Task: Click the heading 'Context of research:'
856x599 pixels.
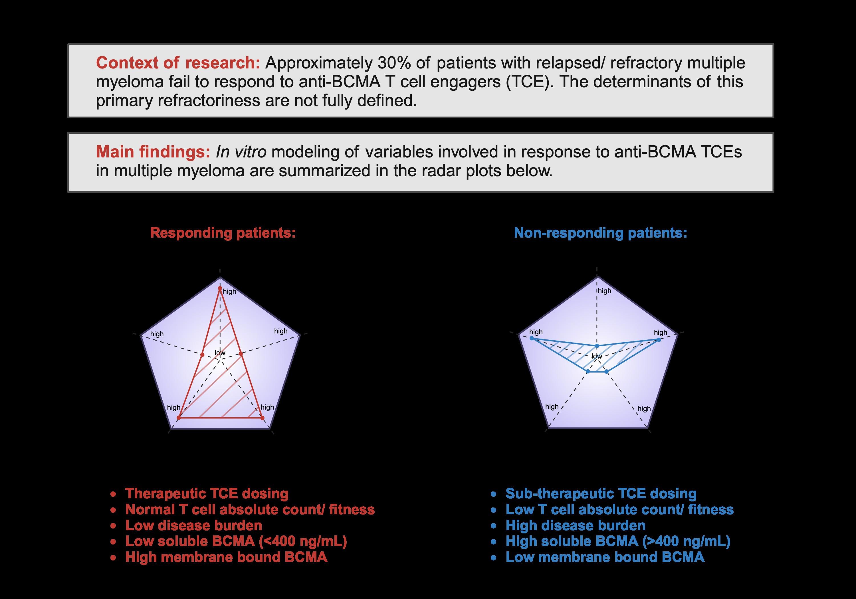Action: pos(178,63)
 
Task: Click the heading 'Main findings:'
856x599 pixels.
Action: pos(153,152)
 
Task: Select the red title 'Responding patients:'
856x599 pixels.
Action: pos(223,233)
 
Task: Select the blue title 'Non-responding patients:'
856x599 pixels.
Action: pos(600,233)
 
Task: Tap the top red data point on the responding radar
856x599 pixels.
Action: pos(220,288)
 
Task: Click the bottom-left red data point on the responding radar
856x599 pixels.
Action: pos(179,418)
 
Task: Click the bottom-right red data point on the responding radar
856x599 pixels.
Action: pos(262,418)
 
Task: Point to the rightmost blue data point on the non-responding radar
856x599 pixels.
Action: pos(660,339)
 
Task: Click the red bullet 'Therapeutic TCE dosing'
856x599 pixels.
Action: pos(207,493)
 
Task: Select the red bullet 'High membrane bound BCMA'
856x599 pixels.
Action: pos(226,557)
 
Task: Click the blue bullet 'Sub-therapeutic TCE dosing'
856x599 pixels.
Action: pos(601,493)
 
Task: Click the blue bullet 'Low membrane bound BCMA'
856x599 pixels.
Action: pos(605,557)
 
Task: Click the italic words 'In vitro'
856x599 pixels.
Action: pos(241,152)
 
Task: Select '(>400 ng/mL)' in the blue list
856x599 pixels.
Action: pos(686,541)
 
